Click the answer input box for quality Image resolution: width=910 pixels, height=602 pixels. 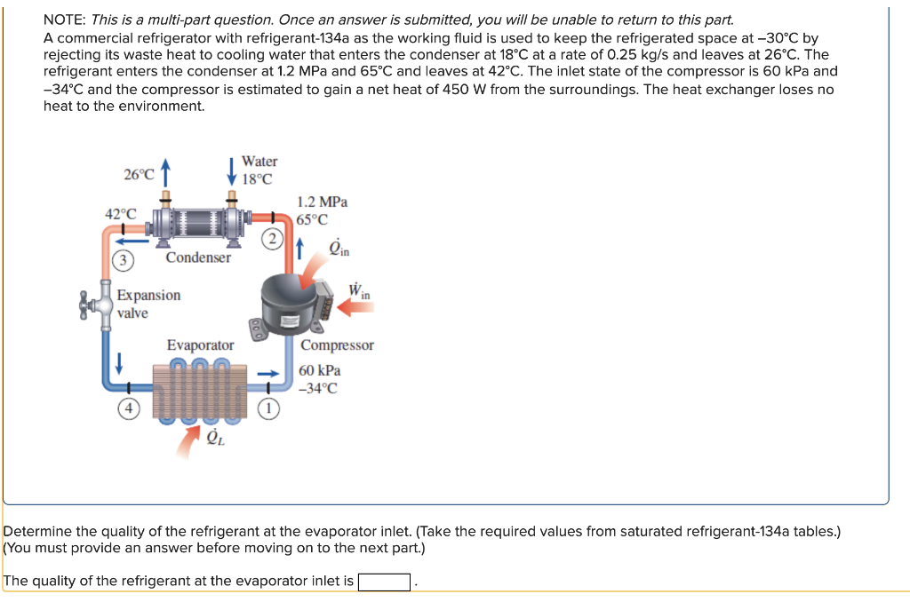point(384,582)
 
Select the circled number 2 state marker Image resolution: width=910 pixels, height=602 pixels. point(273,239)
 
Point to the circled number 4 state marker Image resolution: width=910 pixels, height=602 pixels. point(129,409)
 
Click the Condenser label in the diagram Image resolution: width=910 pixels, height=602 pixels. point(198,257)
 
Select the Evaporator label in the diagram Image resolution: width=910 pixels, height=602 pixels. point(201,345)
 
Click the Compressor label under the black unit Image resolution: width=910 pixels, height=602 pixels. point(337,345)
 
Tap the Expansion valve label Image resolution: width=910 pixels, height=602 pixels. point(148,304)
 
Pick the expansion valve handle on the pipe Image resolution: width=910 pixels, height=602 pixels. point(90,305)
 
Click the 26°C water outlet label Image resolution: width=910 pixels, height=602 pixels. point(140,175)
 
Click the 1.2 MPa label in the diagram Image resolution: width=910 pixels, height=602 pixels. point(323,202)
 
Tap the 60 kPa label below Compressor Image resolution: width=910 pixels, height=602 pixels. point(319,370)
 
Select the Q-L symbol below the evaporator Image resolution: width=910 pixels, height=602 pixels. point(213,438)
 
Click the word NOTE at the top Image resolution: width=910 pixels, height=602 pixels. point(65,20)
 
